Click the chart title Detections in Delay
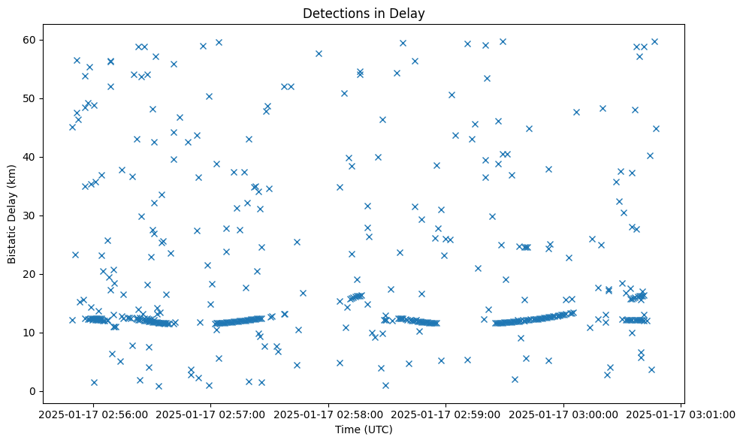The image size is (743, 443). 364,13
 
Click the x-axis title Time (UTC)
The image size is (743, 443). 364,429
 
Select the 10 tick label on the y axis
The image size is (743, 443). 31,333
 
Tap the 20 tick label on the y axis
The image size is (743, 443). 31,274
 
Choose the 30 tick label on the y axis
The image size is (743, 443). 31,215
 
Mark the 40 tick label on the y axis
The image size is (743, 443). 31,157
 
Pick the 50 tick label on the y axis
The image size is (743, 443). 31,98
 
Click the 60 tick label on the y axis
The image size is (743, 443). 31,40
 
